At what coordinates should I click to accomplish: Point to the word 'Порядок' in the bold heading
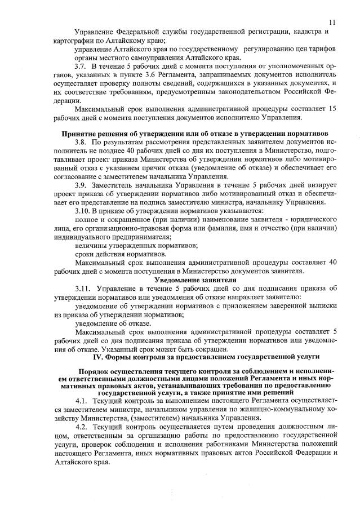96,372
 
